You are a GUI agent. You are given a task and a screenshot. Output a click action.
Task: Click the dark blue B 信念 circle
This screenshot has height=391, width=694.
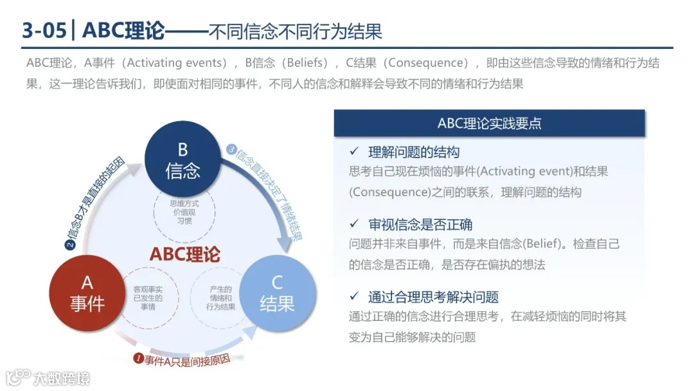182,160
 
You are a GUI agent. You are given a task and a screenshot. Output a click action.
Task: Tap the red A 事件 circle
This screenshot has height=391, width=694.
87,293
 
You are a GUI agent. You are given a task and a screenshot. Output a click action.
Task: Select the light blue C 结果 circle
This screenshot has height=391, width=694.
277,293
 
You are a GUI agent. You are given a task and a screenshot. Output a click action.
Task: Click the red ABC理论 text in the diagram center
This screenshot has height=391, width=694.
184,253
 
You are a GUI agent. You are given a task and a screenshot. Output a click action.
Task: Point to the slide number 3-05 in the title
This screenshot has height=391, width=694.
44,30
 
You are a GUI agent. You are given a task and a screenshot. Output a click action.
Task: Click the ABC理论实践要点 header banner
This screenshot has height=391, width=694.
489,123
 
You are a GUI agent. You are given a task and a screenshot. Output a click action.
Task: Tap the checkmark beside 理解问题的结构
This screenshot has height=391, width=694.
353,152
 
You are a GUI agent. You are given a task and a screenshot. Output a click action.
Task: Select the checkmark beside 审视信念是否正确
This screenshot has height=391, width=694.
353,224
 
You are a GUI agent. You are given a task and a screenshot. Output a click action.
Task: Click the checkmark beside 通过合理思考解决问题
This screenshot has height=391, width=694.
353,296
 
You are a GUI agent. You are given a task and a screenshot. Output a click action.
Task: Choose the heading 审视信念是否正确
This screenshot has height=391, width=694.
420,224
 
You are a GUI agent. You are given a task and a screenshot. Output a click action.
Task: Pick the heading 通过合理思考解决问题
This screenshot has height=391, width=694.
433,297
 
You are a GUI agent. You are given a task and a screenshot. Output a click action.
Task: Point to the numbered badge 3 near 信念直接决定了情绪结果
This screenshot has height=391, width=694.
232,150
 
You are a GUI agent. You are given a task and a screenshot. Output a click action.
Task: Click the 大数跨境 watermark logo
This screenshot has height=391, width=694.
48,377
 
